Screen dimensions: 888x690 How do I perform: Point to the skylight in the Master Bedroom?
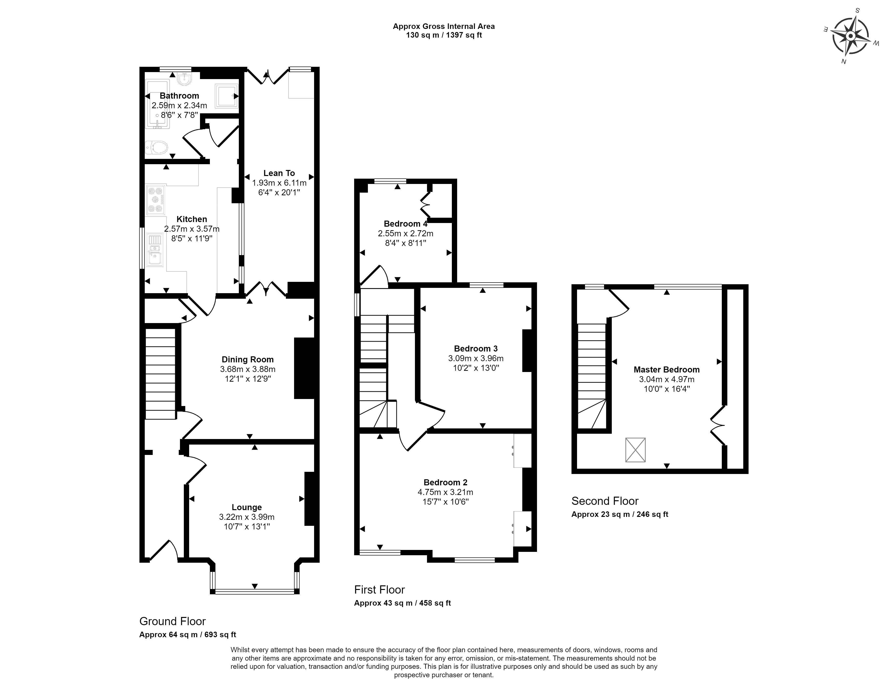635,450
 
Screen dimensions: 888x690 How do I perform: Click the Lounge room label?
247,507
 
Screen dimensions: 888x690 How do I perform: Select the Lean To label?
279,173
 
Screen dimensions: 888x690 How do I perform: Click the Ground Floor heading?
172,621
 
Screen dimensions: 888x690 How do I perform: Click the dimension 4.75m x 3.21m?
445,492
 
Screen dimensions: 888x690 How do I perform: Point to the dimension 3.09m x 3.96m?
476,359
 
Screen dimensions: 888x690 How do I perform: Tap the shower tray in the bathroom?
227,96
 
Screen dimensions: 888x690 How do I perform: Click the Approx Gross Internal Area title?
444,27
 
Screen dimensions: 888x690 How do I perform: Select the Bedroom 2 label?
445,482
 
